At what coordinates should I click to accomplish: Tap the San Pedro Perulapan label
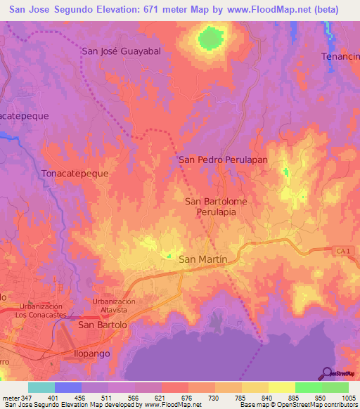(x=224, y=160)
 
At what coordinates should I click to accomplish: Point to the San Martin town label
(x=203, y=259)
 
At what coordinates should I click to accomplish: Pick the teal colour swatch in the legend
(x=41, y=387)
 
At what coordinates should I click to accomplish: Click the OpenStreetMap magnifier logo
(x=326, y=372)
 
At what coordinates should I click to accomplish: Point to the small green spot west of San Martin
(x=168, y=255)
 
